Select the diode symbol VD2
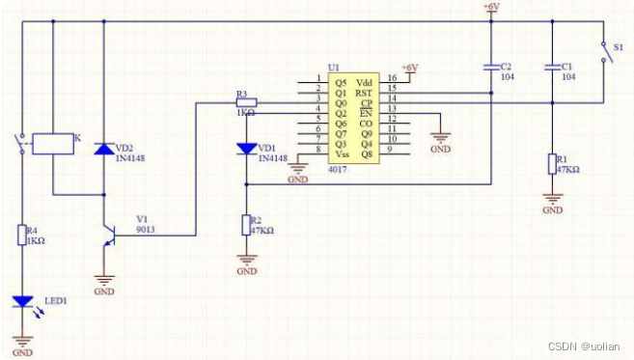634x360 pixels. click(105, 149)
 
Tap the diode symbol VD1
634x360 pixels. click(248, 149)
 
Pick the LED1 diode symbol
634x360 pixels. click(22, 301)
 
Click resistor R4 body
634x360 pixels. click(22, 234)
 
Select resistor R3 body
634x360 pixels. click(247, 102)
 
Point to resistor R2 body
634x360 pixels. click(248, 226)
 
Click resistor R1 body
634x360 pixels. click(552, 163)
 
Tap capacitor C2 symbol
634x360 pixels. click(490, 68)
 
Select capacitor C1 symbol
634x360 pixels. click(552, 68)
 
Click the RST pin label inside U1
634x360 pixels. click(364, 92)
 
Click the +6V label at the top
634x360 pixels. click(490, 8)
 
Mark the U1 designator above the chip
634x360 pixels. click(333, 67)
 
